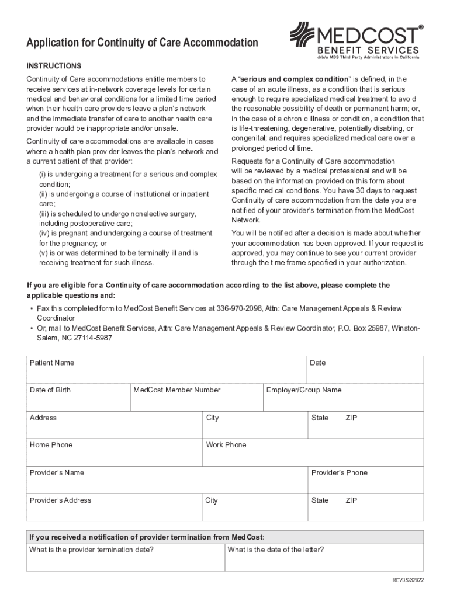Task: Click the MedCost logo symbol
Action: (x=303, y=36)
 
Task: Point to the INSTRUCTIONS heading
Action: (x=54, y=66)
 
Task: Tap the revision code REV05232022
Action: (x=407, y=580)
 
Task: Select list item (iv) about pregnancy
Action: (x=126, y=238)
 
